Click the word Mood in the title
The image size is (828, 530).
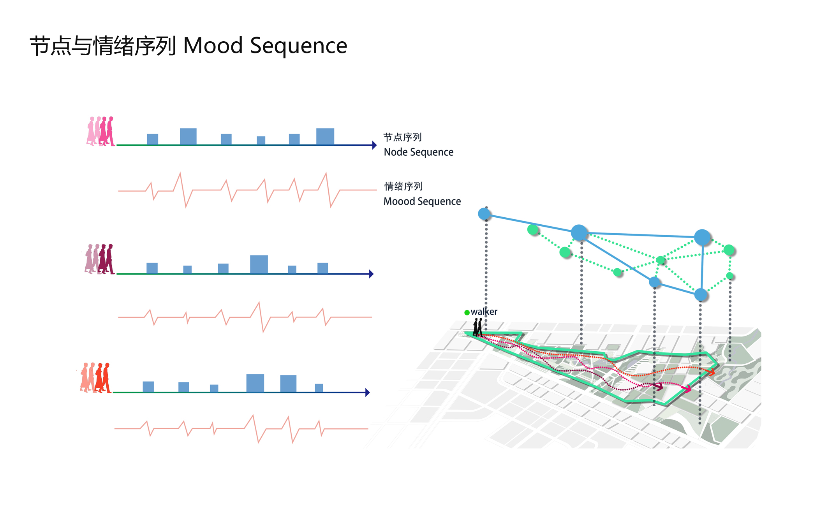(x=213, y=46)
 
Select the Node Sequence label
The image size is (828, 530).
(x=418, y=152)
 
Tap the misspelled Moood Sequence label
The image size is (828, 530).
(x=422, y=201)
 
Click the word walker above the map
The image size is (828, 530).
(x=484, y=312)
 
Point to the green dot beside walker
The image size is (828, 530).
(x=467, y=312)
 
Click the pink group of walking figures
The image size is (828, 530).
(x=100, y=131)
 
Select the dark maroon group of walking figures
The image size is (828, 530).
(x=100, y=259)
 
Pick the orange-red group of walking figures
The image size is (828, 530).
(x=96, y=378)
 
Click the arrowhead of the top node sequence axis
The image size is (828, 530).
(x=374, y=145)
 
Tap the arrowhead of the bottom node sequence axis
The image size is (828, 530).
(x=367, y=393)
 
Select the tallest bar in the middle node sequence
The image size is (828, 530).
(x=259, y=264)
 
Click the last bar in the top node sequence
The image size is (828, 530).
(x=325, y=137)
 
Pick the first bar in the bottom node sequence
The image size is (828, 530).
(x=148, y=387)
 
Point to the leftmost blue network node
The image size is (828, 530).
(x=484, y=213)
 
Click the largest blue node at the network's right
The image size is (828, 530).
(x=702, y=237)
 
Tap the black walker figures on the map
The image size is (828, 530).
(x=478, y=327)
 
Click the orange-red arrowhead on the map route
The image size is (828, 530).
(x=711, y=372)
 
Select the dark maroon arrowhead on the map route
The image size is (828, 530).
(x=659, y=386)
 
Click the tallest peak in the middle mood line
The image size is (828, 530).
(x=259, y=303)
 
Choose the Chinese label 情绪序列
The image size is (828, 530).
(x=403, y=186)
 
